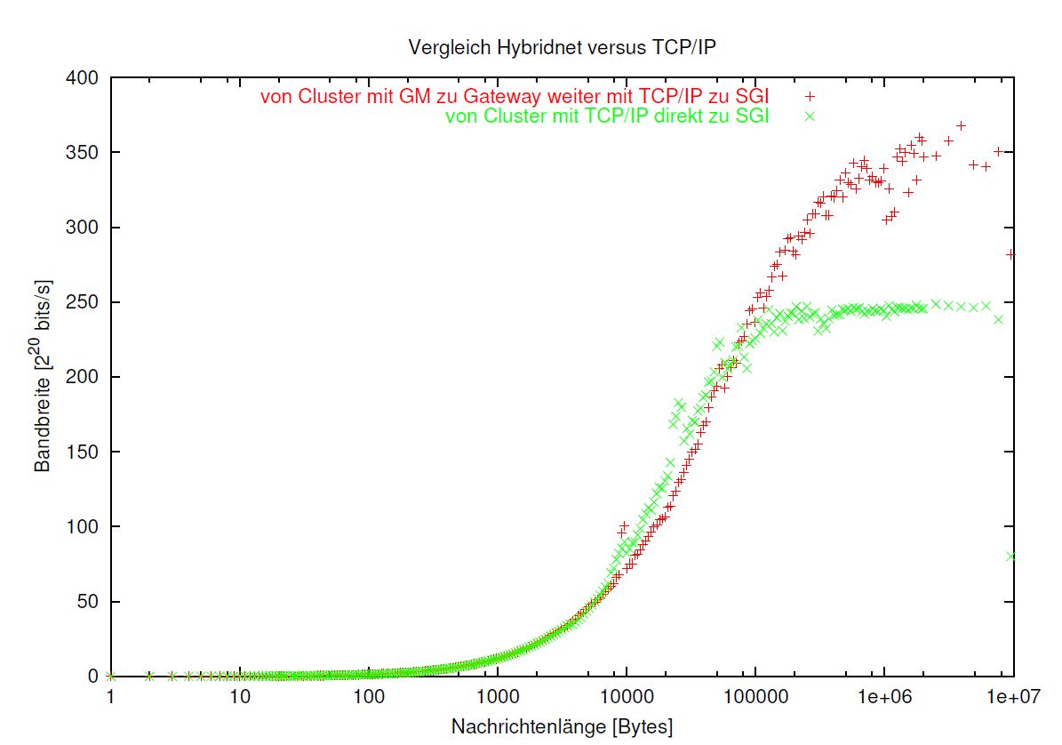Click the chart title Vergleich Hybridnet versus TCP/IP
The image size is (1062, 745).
[x=561, y=47]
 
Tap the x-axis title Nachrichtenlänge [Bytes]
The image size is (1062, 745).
[x=562, y=726]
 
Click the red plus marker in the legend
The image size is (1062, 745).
[x=810, y=96]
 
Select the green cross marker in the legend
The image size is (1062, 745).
[x=810, y=116]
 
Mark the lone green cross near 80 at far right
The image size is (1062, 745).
[x=1011, y=557]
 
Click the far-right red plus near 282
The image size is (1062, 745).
[x=1011, y=254]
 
